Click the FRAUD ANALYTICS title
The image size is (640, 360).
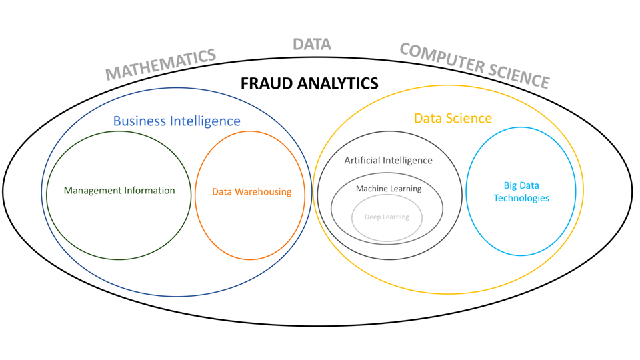click(309, 83)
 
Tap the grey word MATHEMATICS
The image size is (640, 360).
click(161, 64)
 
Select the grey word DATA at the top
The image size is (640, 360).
click(312, 45)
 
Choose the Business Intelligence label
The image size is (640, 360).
click(177, 121)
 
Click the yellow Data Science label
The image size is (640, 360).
click(453, 118)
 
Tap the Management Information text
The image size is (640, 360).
click(119, 191)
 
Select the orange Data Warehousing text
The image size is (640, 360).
click(251, 192)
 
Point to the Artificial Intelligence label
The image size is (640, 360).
click(388, 160)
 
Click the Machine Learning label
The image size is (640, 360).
click(389, 189)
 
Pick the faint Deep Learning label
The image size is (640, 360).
click(387, 217)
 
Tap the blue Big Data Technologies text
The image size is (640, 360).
click(521, 191)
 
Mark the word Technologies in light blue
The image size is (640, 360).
click(521, 198)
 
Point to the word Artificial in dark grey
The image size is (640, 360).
click(363, 160)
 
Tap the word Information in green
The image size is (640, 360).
click(151, 191)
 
